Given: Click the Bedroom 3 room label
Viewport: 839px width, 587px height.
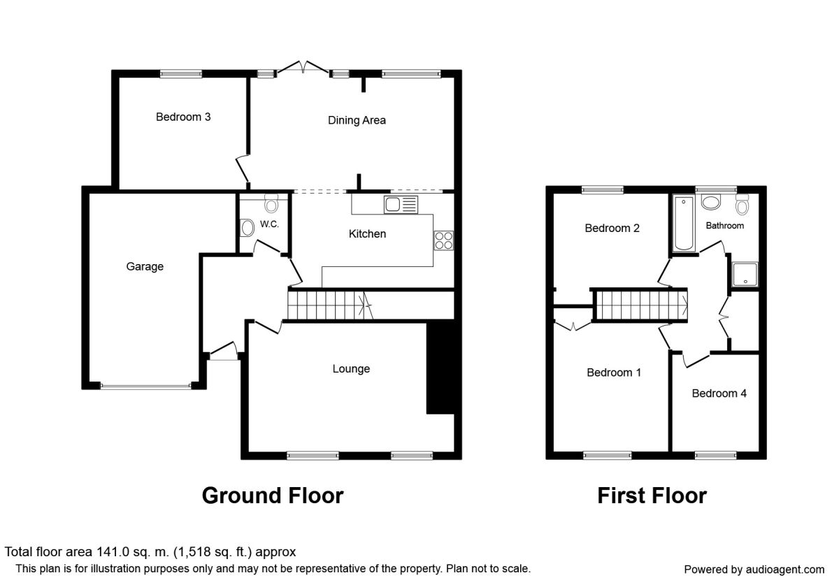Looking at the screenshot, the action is pyautogui.click(x=183, y=117).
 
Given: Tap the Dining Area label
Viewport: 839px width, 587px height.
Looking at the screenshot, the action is pyautogui.click(x=357, y=120).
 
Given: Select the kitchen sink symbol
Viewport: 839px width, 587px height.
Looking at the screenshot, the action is pyautogui.click(x=401, y=205).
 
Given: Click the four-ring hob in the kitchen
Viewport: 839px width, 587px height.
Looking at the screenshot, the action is pyautogui.click(x=443, y=240).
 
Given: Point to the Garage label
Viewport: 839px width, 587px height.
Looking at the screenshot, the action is pyautogui.click(x=145, y=266).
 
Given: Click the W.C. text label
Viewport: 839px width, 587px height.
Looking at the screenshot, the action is pyautogui.click(x=269, y=224).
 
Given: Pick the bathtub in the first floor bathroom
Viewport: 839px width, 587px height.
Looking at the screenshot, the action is pyautogui.click(x=684, y=224).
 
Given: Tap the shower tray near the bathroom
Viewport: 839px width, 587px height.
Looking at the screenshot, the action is pyautogui.click(x=745, y=275).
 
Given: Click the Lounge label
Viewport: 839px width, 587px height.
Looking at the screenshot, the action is pyautogui.click(x=351, y=369).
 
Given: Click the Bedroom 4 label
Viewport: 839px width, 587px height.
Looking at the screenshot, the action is pyautogui.click(x=719, y=393).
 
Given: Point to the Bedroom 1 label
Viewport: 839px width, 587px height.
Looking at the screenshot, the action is pyautogui.click(x=614, y=372).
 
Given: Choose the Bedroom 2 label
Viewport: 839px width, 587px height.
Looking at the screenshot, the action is pyautogui.click(x=612, y=228).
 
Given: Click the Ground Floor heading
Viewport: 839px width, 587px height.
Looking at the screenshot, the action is pyautogui.click(x=273, y=495).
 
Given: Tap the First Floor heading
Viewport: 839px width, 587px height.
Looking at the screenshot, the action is pyautogui.click(x=652, y=495).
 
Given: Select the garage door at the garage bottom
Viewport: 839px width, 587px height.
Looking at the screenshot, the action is pyautogui.click(x=145, y=386).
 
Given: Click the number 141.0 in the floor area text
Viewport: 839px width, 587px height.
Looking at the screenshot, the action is pyautogui.click(x=113, y=552).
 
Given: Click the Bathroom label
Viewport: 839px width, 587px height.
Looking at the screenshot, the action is pyautogui.click(x=725, y=226).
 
